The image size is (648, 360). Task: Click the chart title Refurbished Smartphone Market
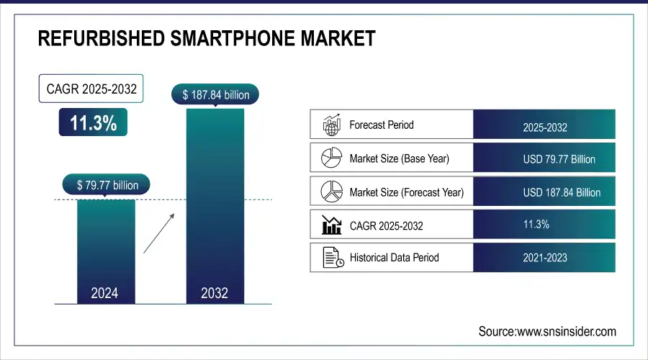coord(206,38)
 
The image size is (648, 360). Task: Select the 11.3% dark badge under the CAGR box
coord(93,123)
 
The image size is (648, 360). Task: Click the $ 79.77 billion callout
coord(108,185)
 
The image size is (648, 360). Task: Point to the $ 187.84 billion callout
coord(215,94)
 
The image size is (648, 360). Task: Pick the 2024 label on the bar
coord(106,293)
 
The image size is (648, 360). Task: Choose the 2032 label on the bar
coord(215,293)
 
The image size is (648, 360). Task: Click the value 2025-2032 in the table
coord(545,127)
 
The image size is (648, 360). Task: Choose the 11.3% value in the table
coord(536,225)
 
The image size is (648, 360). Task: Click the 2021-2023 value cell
coord(545,258)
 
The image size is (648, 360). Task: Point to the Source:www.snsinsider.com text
coord(547,331)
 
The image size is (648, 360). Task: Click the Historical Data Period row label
coord(394,257)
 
